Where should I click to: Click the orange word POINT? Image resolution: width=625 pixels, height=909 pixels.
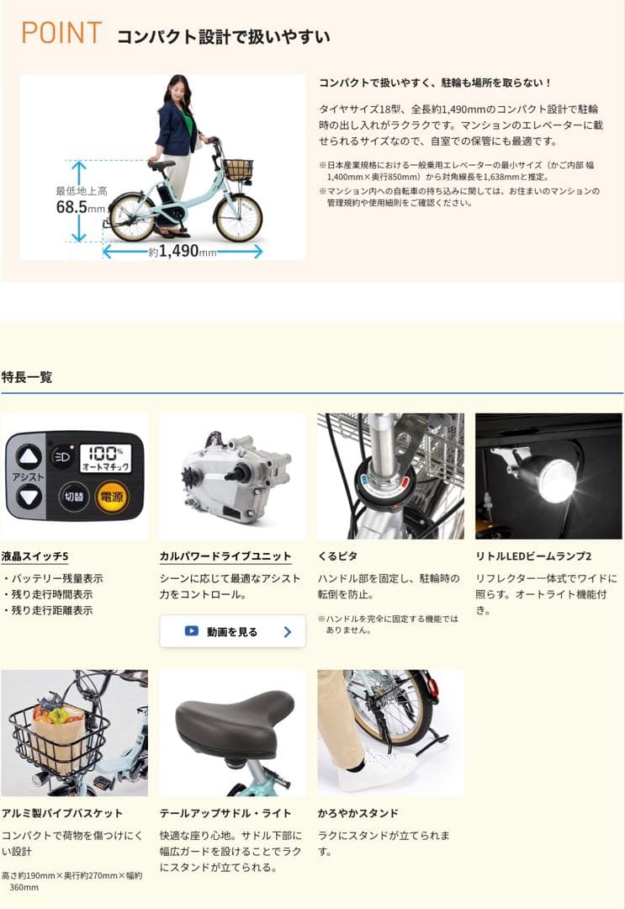(x=61, y=34)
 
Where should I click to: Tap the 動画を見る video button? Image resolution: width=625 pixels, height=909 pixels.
(x=232, y=631)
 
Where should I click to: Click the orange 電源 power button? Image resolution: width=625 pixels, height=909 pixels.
(x=110, y=497)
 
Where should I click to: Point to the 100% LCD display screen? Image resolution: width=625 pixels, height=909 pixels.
(x=105, y=458)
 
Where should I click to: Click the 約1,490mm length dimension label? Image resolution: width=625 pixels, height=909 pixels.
(x=183, y=251)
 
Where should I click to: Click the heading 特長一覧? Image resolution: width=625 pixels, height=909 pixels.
(x=27, y=377)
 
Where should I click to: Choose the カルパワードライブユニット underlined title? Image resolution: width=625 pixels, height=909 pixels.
(x=225, y=556)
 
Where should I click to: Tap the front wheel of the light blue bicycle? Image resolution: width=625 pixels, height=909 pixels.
(x=238, y=217)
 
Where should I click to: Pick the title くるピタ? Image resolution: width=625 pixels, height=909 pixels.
(x=337, y=556)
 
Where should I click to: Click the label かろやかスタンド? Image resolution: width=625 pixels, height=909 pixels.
(x=358, y=813)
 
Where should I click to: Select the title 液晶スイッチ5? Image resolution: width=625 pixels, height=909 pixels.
(x=35, y=556)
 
